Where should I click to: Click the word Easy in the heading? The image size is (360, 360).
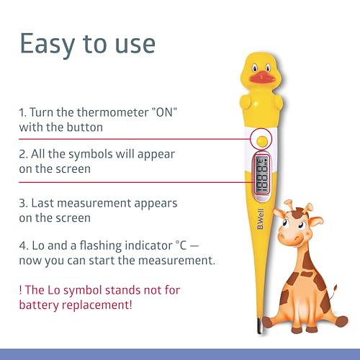(48, 45)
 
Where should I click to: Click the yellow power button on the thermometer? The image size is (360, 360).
(261, 140)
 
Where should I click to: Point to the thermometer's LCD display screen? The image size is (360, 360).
(261, 175)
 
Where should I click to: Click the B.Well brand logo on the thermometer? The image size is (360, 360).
(261, 219)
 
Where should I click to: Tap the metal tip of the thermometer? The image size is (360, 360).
(260, 325)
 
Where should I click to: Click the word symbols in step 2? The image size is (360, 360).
(90, 154)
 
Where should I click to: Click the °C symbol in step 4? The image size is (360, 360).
(181, 246)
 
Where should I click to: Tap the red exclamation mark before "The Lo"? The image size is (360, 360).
(21, 290)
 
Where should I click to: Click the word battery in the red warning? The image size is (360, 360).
(39, 305)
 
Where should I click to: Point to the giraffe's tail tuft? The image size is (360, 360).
(335, 289)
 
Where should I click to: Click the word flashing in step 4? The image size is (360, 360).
(101, 246)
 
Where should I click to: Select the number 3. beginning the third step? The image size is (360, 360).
(24, 203)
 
